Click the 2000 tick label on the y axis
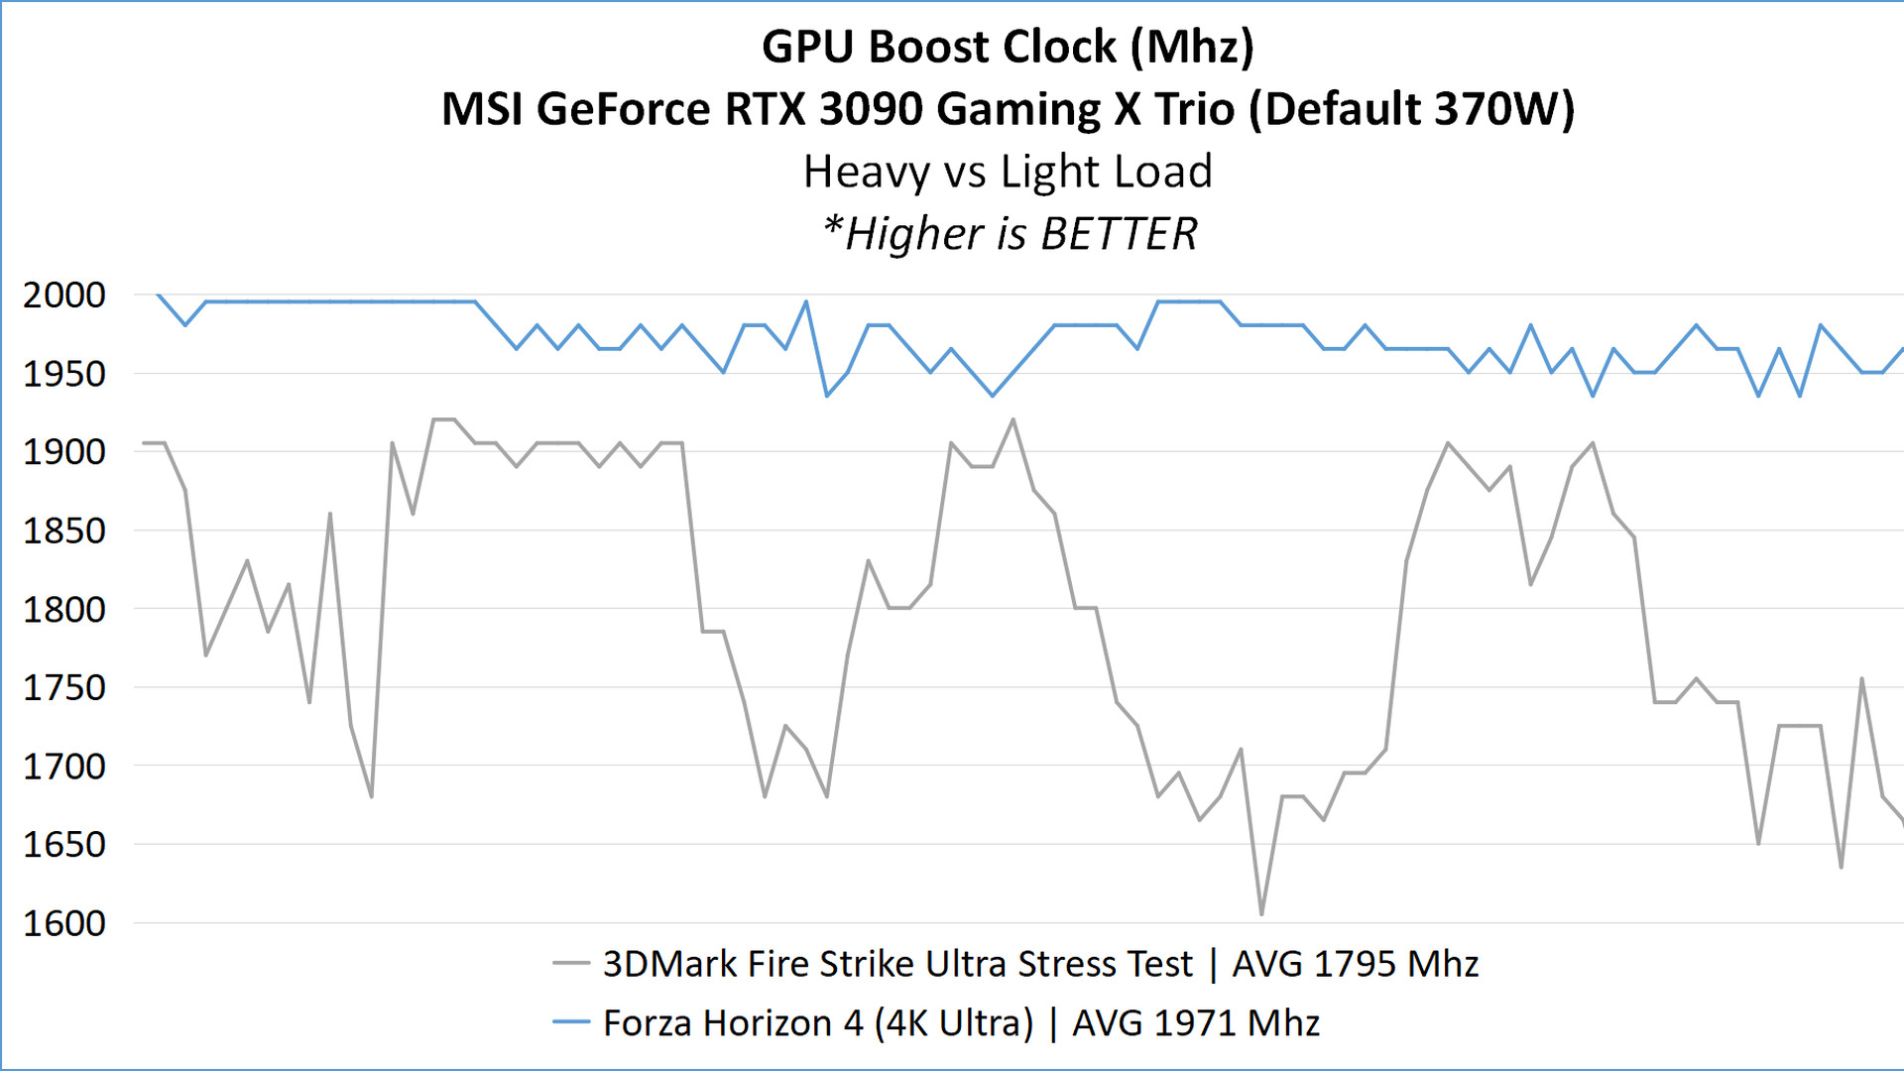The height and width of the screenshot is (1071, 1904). pyautogui.click(x=64, y=295)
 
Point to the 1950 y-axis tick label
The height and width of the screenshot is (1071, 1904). pyautogui.click(x=64, y=374)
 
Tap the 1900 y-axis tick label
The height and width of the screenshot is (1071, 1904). pyautogui.click(x=64, y=452)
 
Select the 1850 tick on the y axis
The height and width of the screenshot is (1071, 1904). pyautogui.click(x=64, y=531)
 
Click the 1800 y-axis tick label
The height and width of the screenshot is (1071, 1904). pyautogui.click(x=64, y=609)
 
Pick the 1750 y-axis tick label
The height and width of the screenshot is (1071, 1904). pyautogui.click(x=64, y=687)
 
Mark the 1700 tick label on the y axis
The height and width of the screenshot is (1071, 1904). pyautogui.click(x=64, y=766)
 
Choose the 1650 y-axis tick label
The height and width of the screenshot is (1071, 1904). pyautogui.click(x=64, y=844)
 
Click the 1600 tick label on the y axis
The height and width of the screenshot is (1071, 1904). pyautogui.click(x=64, y=923)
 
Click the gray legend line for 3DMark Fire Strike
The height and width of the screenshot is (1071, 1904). pyautogui.click(x=571, y=963)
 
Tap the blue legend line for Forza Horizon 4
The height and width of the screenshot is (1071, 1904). pyautogui.click(x=571, y=1022)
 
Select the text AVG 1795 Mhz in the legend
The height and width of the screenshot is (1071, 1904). pyautogui.click(x=1355, y=964)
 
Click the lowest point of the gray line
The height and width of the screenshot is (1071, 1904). pyautogui.click(x=1261, y=914)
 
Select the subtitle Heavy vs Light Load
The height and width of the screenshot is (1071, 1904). pyautogui.click(x=1008, y=172)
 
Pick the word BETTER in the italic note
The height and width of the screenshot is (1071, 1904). pyautogui.click(x=1119, y=235)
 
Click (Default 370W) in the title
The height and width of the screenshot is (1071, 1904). pyautogui.click(x=1411, y=109)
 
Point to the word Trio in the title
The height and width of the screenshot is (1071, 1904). pyautogui.click(x=1194, y=109)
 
